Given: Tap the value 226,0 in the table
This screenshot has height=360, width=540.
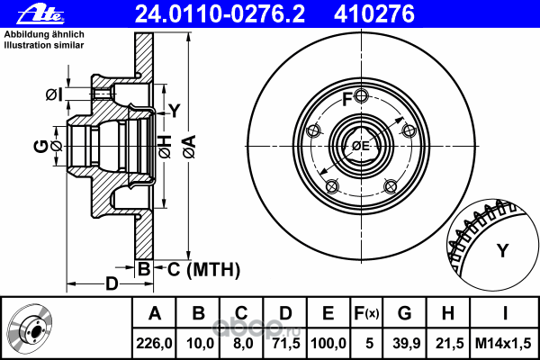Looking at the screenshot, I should (154, 342).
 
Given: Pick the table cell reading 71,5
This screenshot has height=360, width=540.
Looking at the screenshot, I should (285, 342).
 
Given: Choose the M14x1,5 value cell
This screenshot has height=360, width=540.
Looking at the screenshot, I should (505, 342).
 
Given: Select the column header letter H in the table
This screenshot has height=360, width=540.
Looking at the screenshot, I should (447, 314).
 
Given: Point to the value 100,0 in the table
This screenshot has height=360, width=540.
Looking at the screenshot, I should (328, 342).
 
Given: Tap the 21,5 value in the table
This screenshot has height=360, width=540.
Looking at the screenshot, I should (447, 342).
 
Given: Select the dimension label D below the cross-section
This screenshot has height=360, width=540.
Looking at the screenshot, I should (112, 284).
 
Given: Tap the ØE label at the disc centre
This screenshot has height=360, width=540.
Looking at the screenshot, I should (360, 145).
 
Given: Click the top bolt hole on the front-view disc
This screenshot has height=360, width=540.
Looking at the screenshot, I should (360, 97).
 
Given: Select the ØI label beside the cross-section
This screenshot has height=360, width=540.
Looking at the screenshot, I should (53, 94).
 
